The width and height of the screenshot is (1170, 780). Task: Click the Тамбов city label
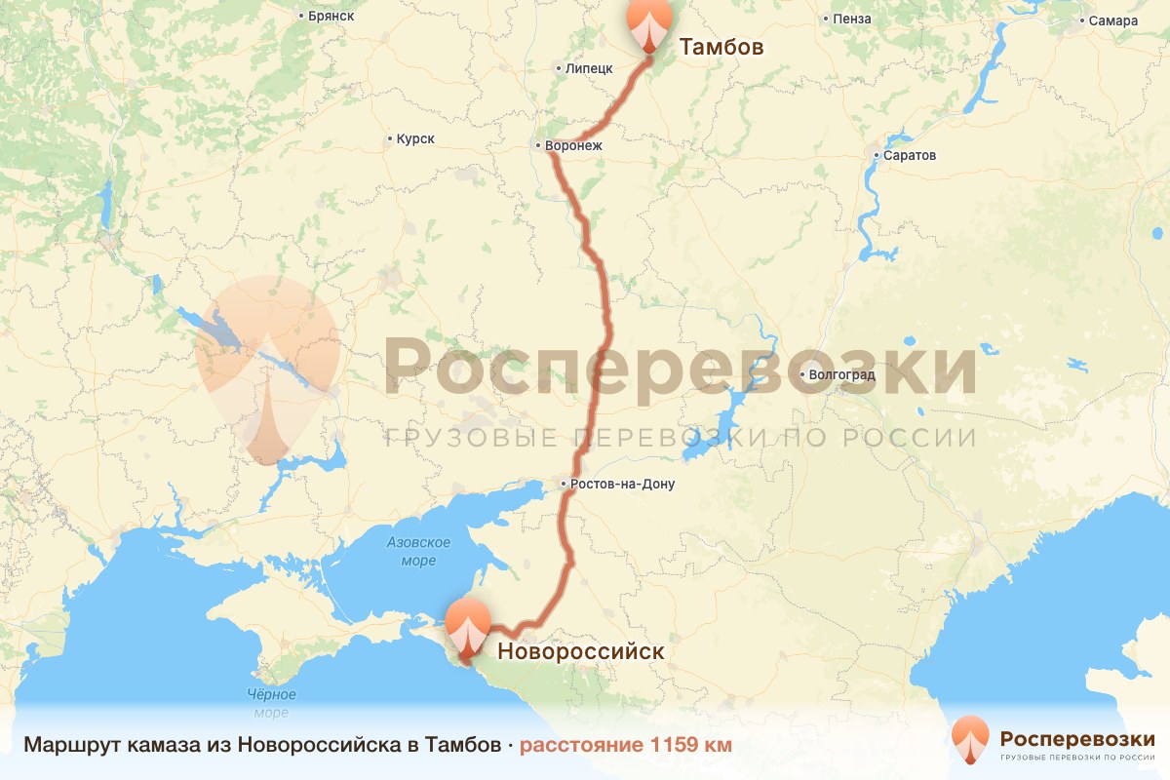point(721,47)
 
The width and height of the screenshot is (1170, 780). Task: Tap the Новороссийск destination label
point(580,651)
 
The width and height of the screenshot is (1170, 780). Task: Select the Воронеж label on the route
point(574,146)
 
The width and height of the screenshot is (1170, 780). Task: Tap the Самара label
point(1113,20)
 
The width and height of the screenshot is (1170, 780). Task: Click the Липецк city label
point(588,68)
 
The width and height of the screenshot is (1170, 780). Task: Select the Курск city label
point(415,139)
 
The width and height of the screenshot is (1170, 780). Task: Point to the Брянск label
point(330,17)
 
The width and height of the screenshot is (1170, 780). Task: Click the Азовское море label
point(418,551)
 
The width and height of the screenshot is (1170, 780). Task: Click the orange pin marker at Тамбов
point(649,21)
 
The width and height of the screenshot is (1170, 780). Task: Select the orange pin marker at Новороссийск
point(468,628)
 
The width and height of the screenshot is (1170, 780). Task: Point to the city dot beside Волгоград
point(801,375)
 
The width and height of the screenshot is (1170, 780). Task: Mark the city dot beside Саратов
point(877,156)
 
